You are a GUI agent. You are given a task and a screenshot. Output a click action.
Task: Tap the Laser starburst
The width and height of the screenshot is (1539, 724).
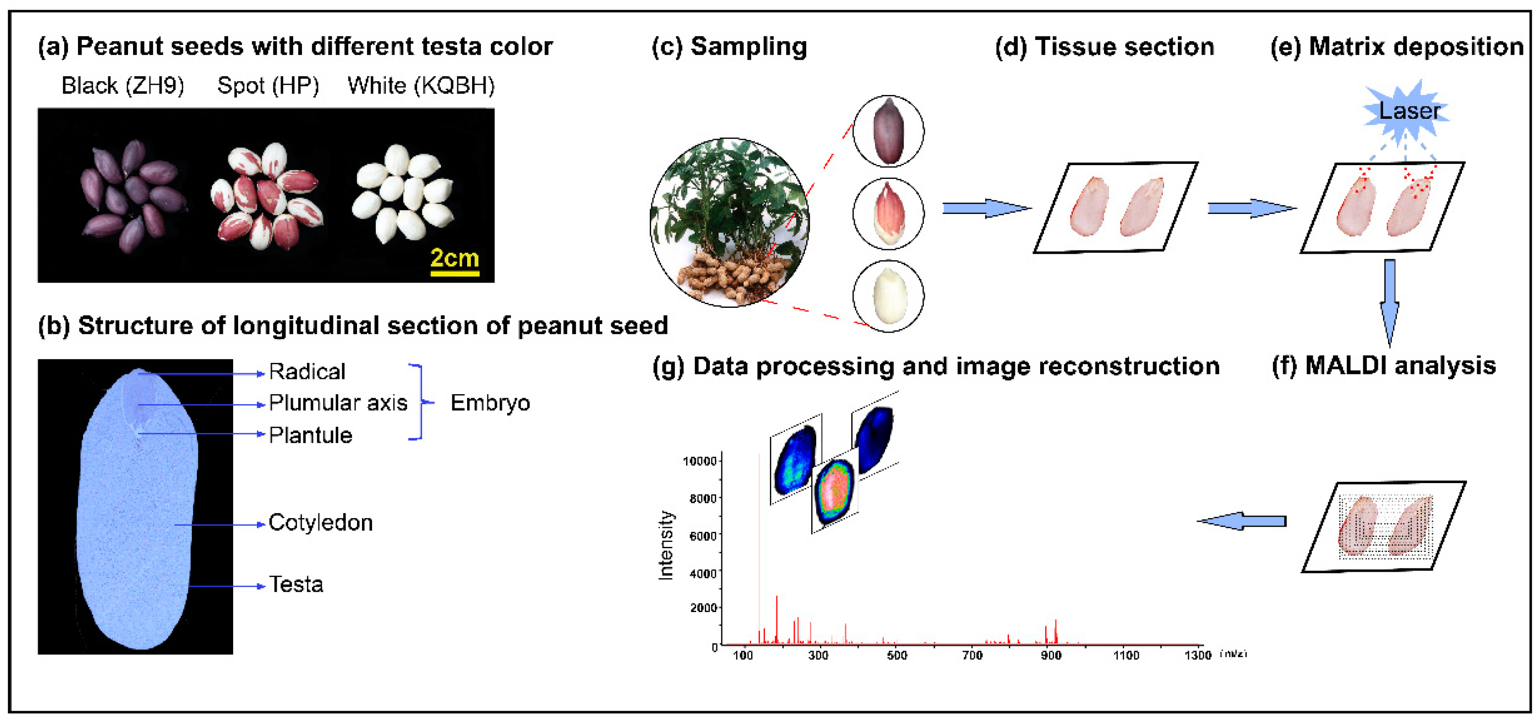coord(1408,111)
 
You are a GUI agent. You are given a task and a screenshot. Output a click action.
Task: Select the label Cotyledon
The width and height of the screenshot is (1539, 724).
coord(320,523)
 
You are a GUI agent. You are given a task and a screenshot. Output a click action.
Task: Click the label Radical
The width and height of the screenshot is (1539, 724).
coord(307,372)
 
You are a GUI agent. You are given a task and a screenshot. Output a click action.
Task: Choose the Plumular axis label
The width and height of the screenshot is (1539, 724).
coord(338,403)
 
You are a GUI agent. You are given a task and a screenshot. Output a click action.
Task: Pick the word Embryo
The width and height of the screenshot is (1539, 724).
coord(490,403)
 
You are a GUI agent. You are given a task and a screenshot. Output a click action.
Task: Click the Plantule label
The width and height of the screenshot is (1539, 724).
coord(310,435)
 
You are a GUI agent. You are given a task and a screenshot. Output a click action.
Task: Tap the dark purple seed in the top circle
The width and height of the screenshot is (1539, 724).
coord(888,131)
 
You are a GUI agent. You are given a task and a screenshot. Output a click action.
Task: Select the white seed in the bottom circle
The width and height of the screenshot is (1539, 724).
coord(889,295)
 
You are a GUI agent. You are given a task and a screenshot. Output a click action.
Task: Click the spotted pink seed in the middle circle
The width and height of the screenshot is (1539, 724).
coord(888,213)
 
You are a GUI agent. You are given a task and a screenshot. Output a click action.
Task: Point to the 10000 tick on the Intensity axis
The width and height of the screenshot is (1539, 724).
coord(700,461)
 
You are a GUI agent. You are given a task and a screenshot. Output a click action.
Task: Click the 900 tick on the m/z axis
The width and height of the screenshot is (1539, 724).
coord(1051,655)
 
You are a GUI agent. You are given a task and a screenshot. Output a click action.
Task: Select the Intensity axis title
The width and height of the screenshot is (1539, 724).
coord(665,545)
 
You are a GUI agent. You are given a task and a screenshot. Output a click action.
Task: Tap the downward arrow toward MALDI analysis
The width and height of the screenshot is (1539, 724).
coord(1389,302)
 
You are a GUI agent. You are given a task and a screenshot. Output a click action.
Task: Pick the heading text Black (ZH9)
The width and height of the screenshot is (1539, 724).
coord(123,86)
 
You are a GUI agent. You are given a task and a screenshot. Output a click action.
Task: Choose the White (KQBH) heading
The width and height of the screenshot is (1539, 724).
coord(421,86)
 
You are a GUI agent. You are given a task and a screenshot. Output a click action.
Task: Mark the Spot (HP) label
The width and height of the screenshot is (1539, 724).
coord(268,86)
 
